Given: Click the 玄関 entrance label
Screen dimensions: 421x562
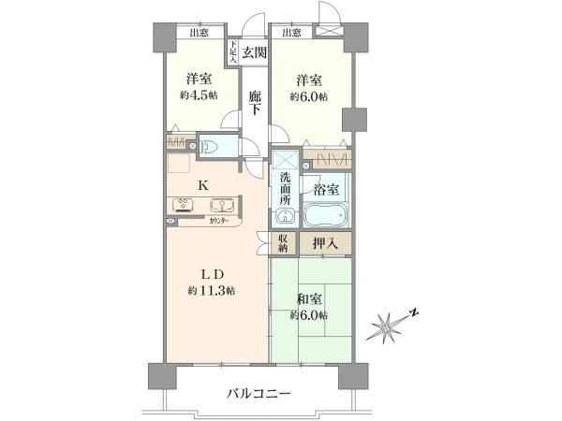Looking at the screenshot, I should (253, 52).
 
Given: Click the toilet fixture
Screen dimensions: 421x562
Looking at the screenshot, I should (211, 146).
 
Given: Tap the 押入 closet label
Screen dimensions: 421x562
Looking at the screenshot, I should (325, 243).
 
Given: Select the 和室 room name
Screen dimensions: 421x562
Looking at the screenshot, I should (309, 299).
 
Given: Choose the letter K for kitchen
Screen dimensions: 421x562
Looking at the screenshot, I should (202, 185).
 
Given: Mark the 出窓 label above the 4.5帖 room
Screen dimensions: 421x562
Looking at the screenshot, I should (198, 33).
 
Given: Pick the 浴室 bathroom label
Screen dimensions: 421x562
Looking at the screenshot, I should (327, 188).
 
